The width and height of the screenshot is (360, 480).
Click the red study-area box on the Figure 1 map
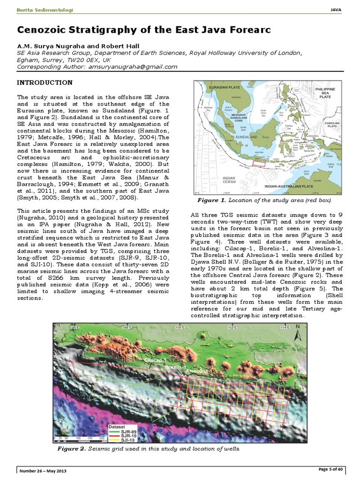coord(259,164)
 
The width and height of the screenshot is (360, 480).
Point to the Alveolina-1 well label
coord(199,371)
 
